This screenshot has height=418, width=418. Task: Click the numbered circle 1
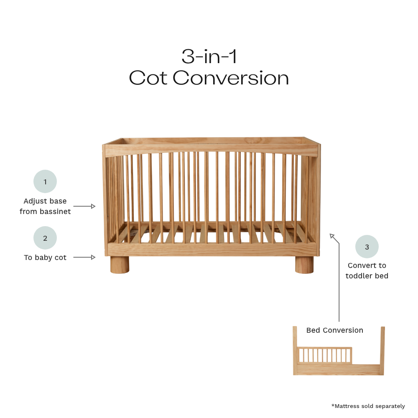45,182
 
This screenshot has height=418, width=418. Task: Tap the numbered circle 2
45,238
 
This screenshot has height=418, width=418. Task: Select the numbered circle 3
367,247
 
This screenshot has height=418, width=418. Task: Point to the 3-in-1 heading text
209,56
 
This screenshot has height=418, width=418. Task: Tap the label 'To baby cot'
45,257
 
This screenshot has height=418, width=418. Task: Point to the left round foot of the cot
120,265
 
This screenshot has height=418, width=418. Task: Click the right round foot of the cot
304,265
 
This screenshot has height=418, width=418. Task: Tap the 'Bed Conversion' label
334,330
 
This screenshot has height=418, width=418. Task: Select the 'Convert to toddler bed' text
367,270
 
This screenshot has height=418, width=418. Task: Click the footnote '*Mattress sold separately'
368,406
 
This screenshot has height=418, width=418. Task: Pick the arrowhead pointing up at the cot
332,236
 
